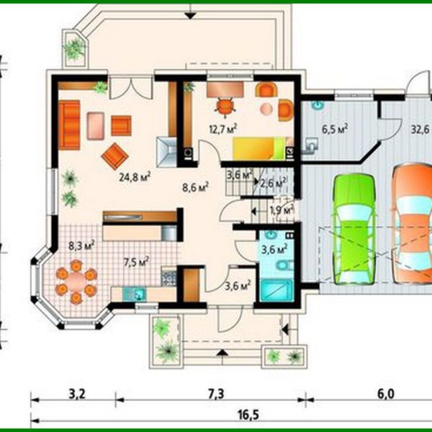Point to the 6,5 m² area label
[x=335, y=130]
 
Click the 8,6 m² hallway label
[x=194, y=186]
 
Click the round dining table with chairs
[x=75, y=280]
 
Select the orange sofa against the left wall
[x=69, y=124]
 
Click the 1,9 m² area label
[x=281, y=210]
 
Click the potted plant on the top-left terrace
[x=74, y=48]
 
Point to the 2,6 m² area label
[x=274, y=182]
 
